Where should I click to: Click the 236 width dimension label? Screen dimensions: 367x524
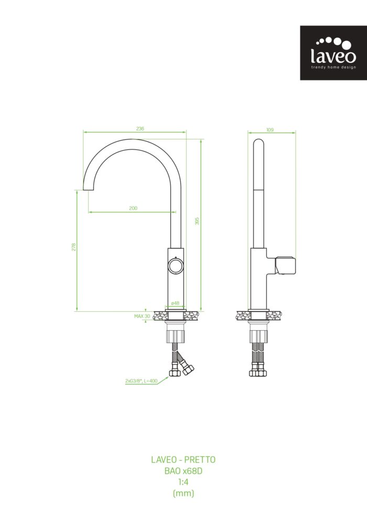140,129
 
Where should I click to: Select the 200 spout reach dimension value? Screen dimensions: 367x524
133,208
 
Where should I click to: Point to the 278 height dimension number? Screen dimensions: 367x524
74,247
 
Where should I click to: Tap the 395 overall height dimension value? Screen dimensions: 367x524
197,221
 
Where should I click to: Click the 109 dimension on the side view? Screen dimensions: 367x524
269,129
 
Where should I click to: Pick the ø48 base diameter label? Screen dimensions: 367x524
175,303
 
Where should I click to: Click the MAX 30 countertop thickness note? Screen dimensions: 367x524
142,316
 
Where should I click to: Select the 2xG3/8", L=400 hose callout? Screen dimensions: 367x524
142,380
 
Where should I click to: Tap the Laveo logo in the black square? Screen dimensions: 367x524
333,53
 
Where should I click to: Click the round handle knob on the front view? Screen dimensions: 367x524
176,266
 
